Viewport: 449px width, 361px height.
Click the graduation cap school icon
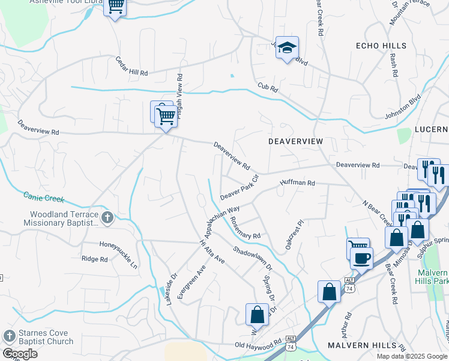tap(288, 48)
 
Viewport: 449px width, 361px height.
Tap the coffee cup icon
tap(361, 258)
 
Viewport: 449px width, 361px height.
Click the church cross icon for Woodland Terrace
tap(107, 217)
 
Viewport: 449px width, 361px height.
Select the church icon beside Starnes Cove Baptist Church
tap(10, 336)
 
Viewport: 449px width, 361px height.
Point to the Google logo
tap(20, 354)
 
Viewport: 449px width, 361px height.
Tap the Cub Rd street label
tap(268, 88)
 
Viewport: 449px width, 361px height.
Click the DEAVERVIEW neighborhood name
tap(295, 141)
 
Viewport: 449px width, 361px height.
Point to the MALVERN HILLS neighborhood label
tap(363, 345)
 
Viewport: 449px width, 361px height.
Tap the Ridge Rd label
tap(94, 259)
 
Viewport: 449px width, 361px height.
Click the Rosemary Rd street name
tap(246, 228)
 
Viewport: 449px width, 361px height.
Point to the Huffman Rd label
tap(297, 182)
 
